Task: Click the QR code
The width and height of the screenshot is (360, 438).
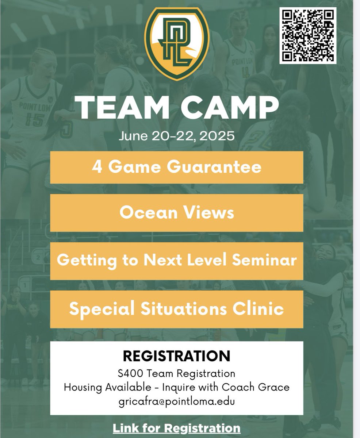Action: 307,35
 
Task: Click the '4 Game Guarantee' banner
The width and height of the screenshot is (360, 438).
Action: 176,167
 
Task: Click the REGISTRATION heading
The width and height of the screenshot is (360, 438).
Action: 176,355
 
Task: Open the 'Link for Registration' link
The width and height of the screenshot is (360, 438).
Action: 176,427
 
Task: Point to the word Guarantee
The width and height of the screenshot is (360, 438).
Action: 222,167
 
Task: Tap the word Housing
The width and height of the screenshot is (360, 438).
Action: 81,387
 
